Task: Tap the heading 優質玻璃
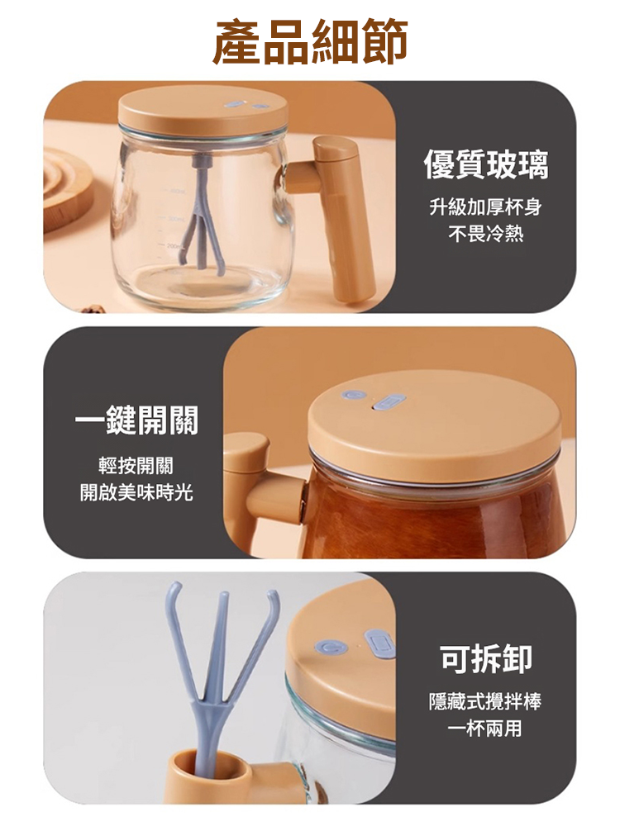485,164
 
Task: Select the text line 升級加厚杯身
485,207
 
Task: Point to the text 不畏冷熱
485,235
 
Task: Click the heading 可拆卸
485,657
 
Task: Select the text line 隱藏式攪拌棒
485,702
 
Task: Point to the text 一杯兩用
485,729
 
